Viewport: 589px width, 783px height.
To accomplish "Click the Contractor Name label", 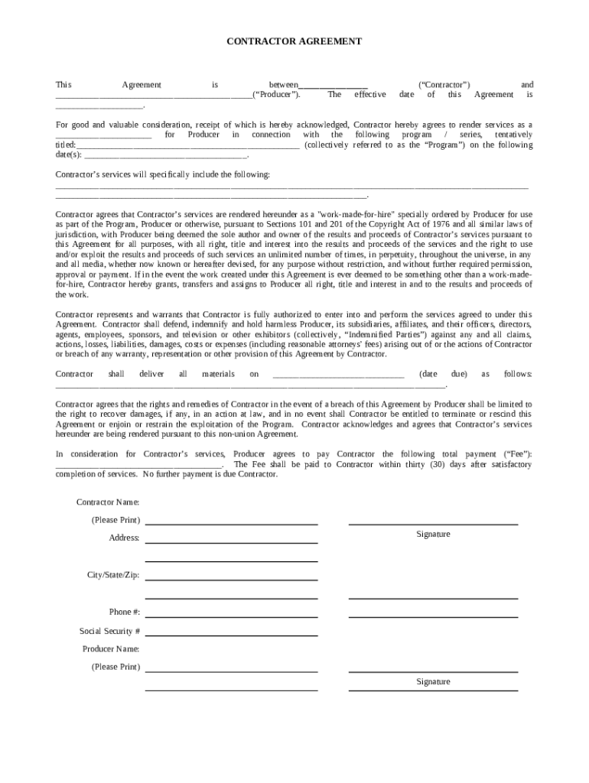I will [108, 502].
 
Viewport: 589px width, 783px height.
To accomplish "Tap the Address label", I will [124, 538].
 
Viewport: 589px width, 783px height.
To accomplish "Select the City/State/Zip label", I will [113, 574].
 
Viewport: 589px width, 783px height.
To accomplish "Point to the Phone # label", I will [124, 612].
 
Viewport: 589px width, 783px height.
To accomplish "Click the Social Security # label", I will [109, 631].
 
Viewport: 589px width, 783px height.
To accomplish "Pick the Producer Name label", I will [111, 648].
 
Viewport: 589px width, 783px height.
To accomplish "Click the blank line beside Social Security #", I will [231, 635].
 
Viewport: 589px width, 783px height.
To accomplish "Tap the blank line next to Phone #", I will [231, 616].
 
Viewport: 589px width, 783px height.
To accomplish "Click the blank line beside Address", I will [231, 541].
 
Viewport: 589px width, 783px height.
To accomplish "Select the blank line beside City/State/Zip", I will [231, 579].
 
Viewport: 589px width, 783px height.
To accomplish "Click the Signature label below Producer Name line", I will [433, 681].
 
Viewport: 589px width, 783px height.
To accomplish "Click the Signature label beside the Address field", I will [433, 534].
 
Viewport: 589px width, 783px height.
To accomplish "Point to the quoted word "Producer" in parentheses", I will [276, 95].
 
